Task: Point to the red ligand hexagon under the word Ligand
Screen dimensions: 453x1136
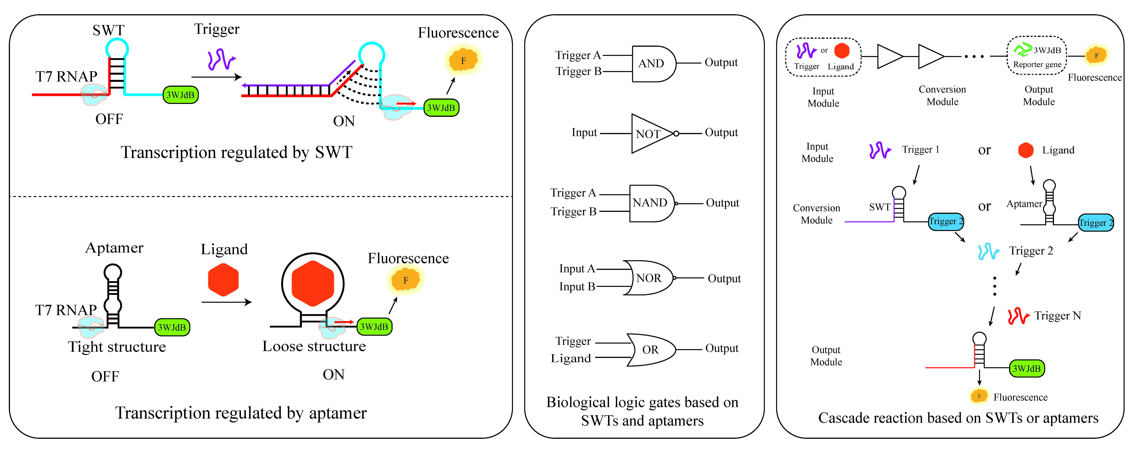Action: pos(223,280)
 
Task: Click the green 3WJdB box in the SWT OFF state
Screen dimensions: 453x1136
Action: pos(180,95)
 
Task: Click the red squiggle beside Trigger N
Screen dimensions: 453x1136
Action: pos(1018,316)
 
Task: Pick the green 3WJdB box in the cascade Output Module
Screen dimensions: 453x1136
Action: pos(1027,368)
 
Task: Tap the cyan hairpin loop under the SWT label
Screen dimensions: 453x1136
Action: pos(117,48)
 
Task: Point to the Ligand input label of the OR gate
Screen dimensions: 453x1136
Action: pos(571,358)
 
